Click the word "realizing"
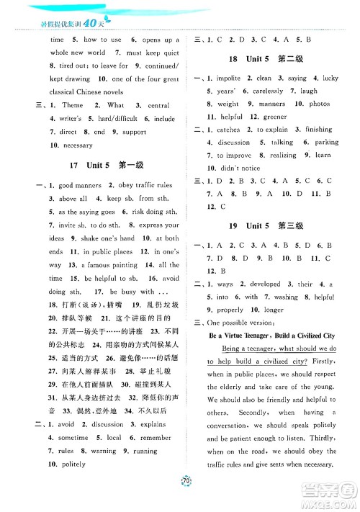pos(282,155)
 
